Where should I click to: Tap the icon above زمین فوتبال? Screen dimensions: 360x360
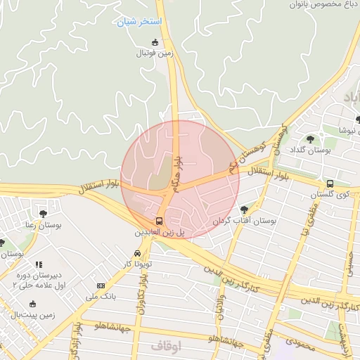[155, 42]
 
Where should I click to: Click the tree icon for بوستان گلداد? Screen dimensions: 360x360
[311, 139]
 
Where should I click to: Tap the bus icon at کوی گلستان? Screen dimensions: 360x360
[330, 184]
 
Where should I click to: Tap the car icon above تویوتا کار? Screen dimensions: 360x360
[136, 254]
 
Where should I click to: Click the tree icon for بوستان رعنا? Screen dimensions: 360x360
[43, 214]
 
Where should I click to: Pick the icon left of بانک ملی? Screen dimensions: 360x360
[101, 286]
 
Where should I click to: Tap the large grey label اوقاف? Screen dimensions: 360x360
[166, 346]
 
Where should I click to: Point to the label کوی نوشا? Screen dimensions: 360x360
[345, 131]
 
